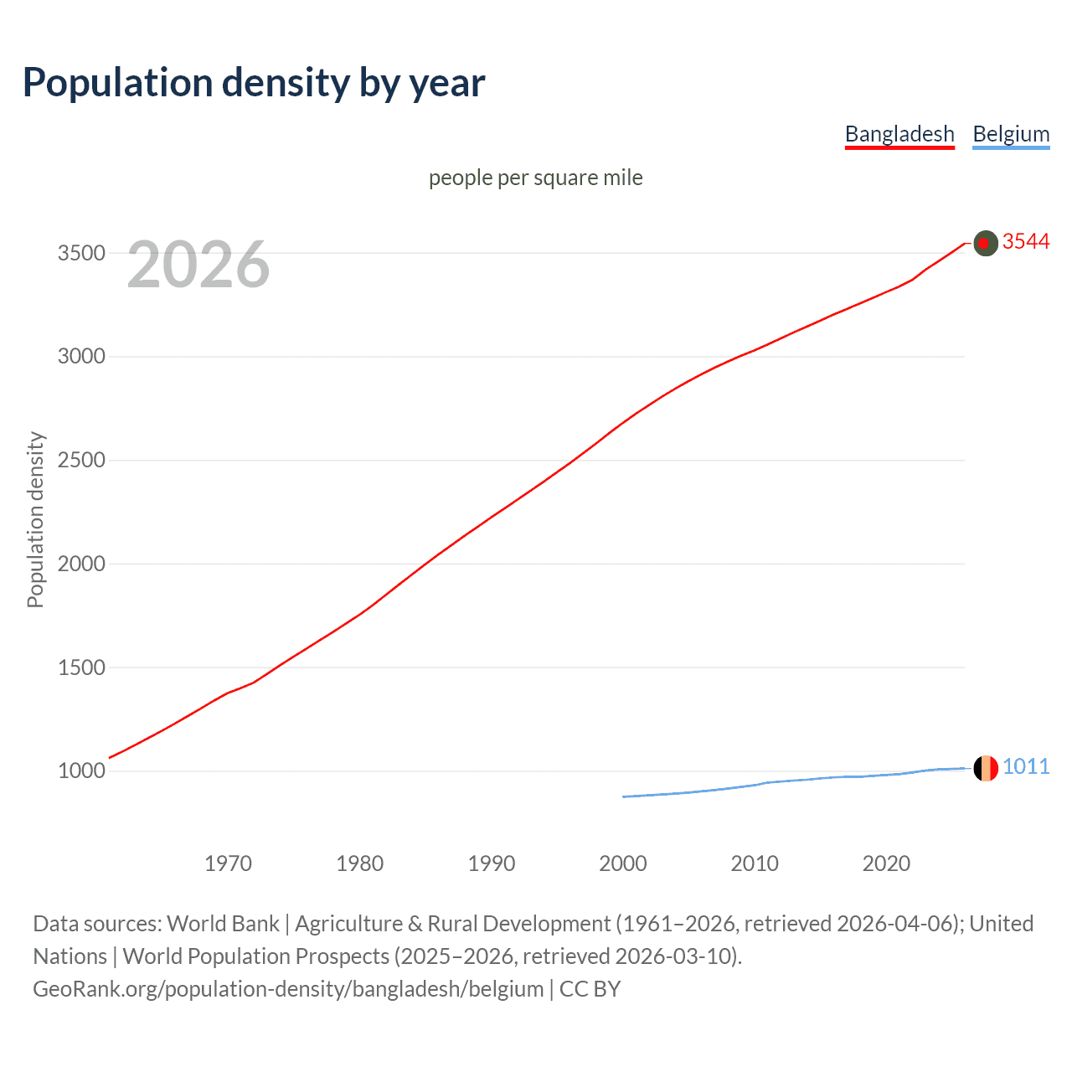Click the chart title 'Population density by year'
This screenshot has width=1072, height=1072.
[254, 83]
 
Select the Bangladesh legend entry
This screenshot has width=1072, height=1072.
[899, 134]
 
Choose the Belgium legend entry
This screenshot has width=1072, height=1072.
[1011, 134]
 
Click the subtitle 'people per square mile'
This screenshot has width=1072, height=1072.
[535, 178]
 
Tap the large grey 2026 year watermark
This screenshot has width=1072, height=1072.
[198, 265]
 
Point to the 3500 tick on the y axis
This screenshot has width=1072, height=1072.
[81, 253]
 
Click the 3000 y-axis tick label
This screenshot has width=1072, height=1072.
[81, 357]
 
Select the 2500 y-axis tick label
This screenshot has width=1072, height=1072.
[81, 461]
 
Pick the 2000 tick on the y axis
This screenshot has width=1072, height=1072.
[81, 564]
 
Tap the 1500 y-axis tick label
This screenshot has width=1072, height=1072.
[81, 667]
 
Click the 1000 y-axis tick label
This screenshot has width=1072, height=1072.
[81, 771]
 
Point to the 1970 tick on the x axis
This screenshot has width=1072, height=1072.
[228, 863]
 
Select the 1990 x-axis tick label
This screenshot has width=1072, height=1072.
[492, 863]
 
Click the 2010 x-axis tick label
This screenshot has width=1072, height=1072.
[755, 863]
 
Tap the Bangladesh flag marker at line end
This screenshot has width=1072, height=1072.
[986, 243]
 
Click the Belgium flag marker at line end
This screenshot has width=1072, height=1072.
[986, 768]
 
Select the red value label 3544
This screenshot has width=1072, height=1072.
[1026, 242]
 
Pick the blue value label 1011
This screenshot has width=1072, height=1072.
[1026, 767]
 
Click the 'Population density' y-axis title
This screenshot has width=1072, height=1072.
[35, 519]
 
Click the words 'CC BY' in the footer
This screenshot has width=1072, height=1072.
[590, 989]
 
